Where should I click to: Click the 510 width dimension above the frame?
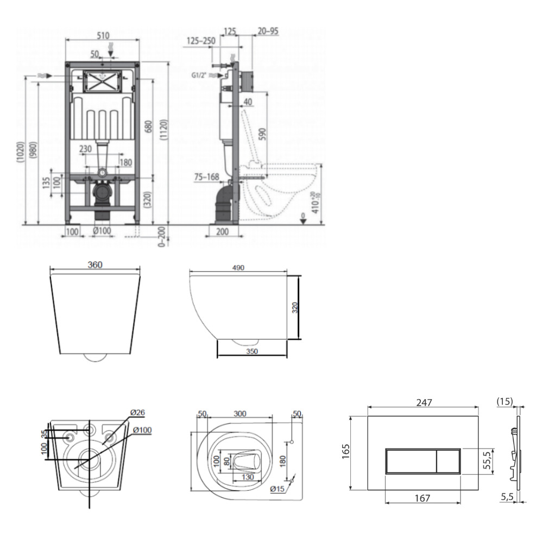click(x=103, y=35)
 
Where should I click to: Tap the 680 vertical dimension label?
click(x=148, y=126)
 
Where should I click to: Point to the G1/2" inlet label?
click(x=198, y=75)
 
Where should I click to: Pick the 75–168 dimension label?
click(x=207, y=177)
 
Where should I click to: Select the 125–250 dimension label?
click(x=201, y=41)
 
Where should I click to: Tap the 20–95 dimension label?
click(x=268, y=31)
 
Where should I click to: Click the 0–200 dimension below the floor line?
click(x=161, y=237)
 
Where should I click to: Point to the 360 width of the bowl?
click(x=95, y=265)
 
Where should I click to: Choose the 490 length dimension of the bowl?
click(x=238, y=268)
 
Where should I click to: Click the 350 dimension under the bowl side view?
click(x=252, y=351)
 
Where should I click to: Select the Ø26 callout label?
click(x=137, y=413)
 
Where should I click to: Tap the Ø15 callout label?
click(x=277, y=489)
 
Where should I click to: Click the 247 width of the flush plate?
click(x=424, y=402)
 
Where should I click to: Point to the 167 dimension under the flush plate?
click(x=422, y=498)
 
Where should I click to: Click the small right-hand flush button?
click(x=449, y=461)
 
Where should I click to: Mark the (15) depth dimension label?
click(x=504, y=401)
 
